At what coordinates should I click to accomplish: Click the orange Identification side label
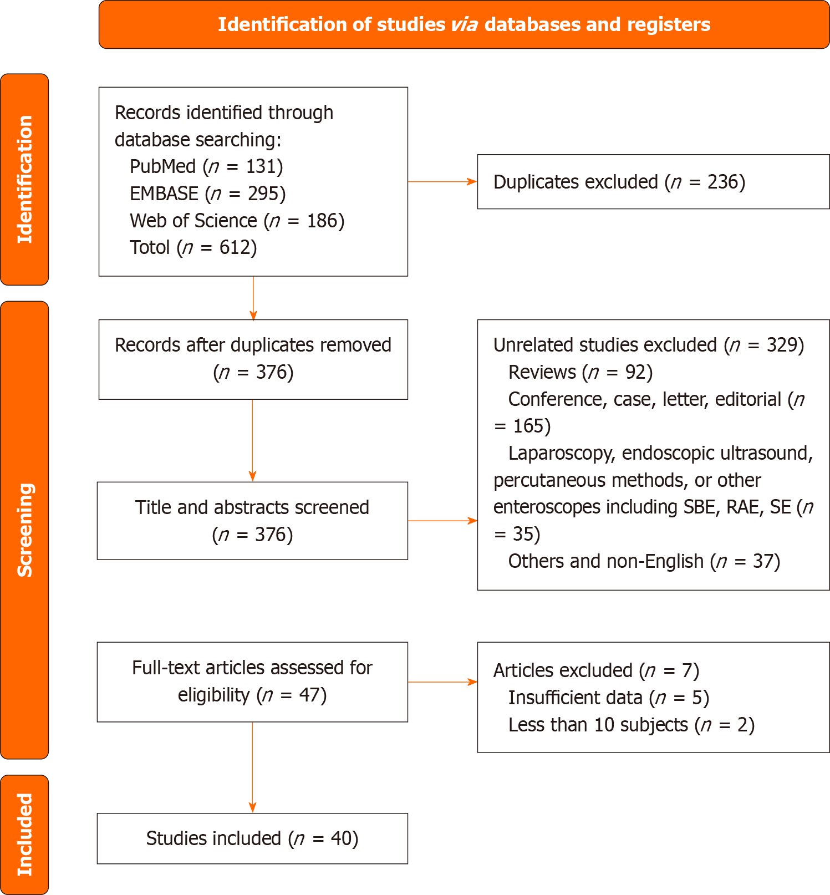coord(24,179)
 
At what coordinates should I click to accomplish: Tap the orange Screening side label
coord(24,530)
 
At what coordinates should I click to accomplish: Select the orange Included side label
coord(24,834)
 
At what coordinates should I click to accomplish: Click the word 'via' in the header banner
coord(465,25)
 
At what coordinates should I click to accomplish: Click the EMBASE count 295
coord(263,194)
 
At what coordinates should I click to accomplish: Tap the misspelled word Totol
coord(150,247)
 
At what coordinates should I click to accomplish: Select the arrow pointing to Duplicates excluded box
coord(442,181)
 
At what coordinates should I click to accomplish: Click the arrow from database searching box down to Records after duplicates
coord(253,298)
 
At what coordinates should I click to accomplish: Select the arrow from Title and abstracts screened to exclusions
coord(442,521)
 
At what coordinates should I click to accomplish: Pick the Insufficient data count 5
coord(697,698)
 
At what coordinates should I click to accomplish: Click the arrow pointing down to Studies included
coord(252,767)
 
